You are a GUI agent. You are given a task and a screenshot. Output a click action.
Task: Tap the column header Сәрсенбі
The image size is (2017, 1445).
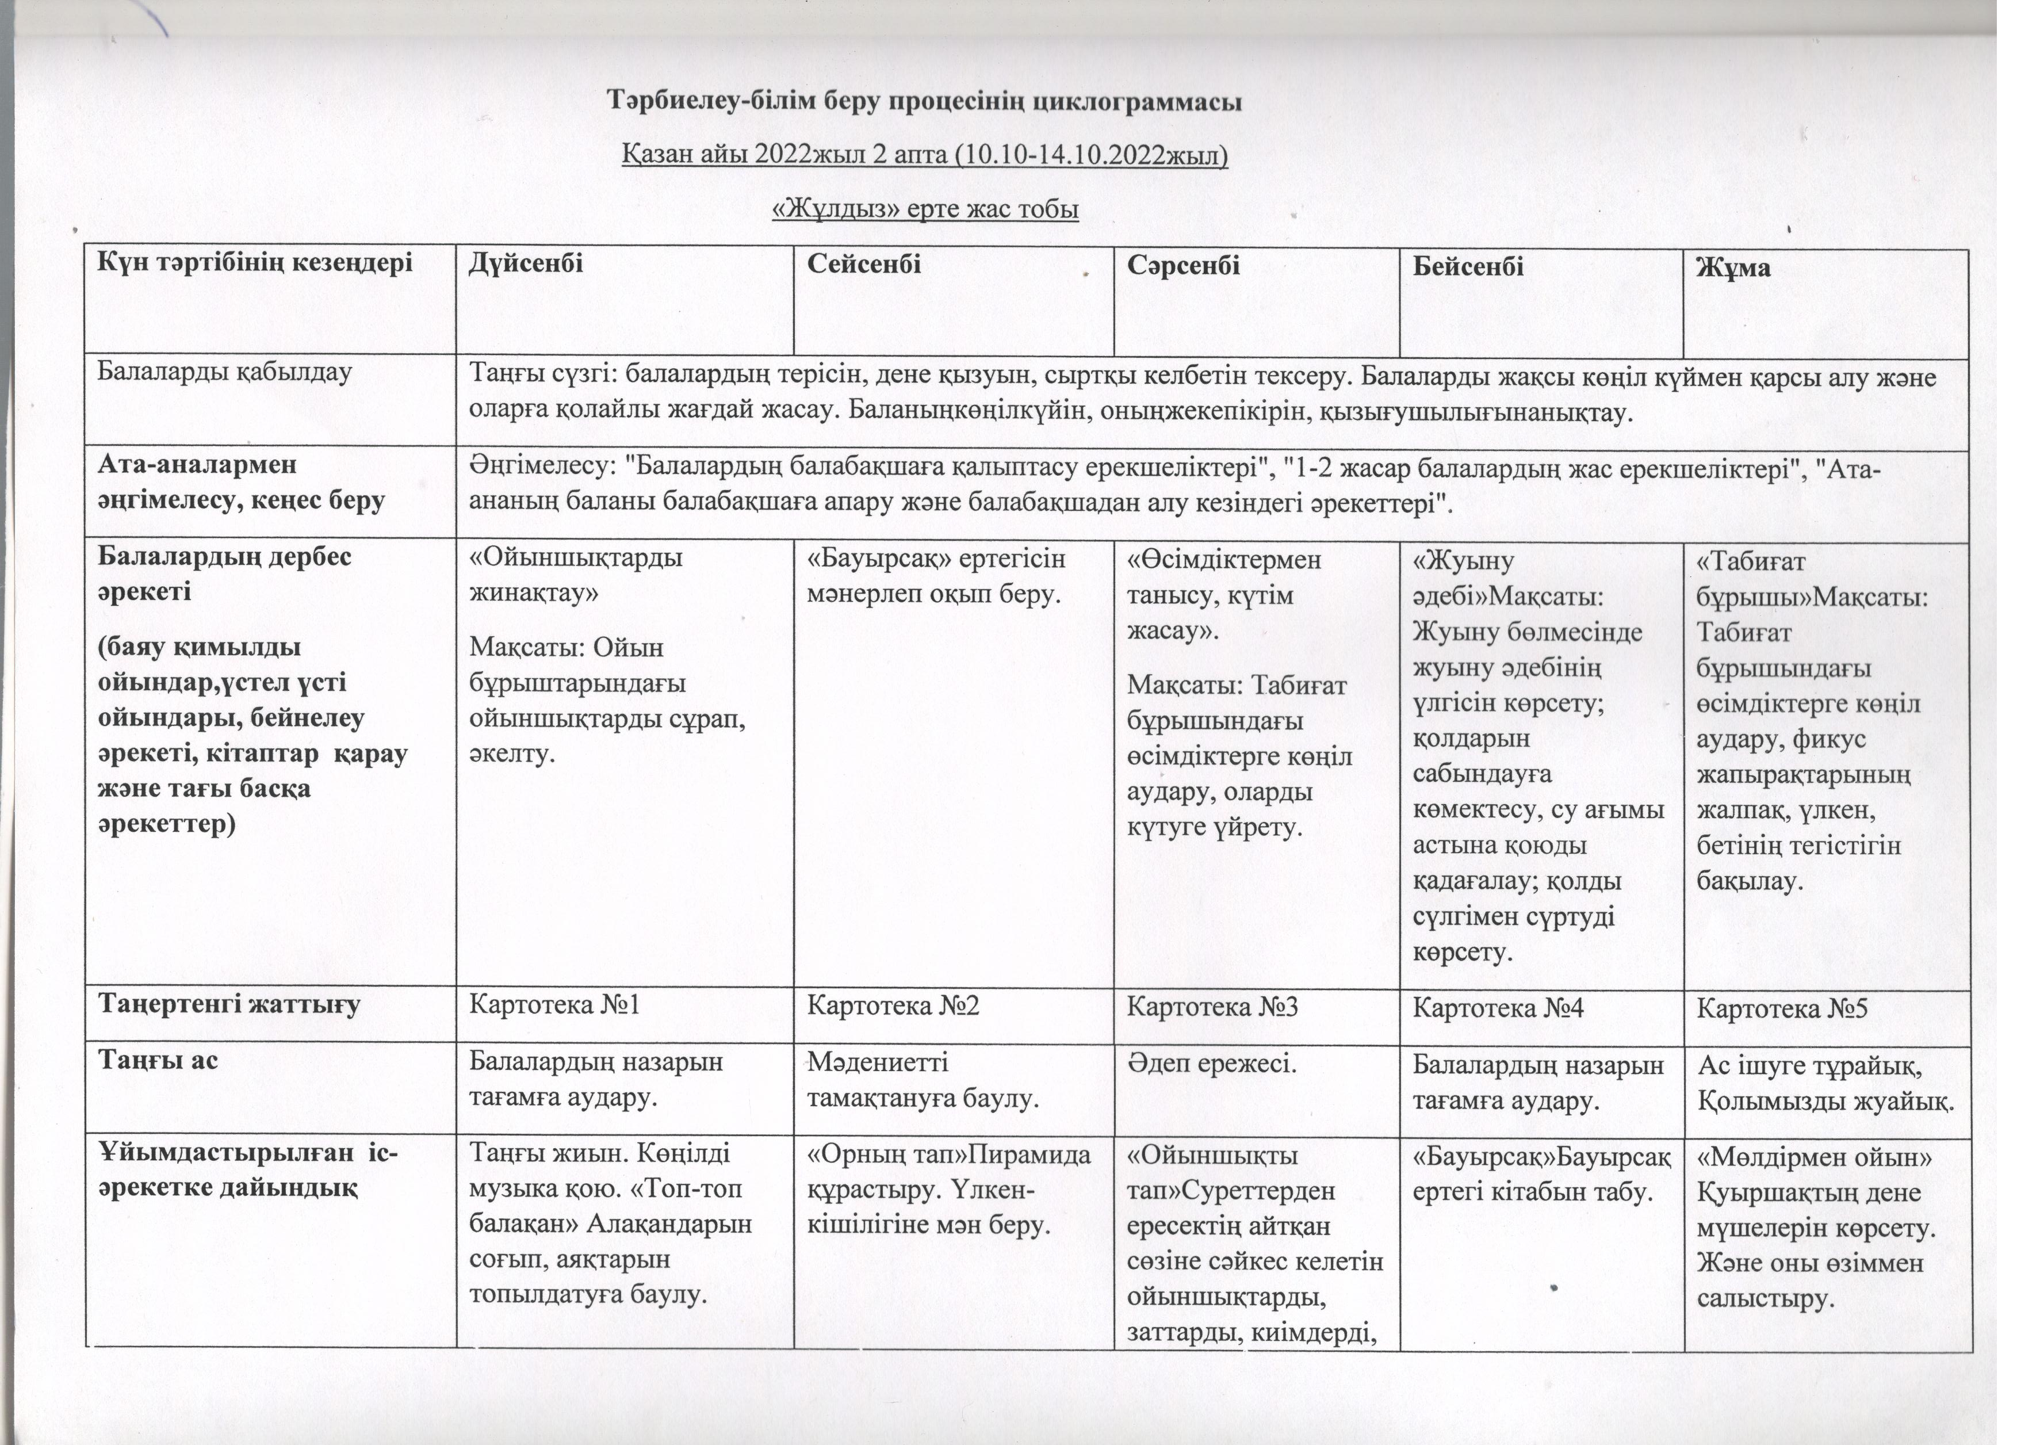(x=1184, y=265)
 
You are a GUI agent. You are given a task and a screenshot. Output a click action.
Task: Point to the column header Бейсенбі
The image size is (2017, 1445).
(x=1468, y=266)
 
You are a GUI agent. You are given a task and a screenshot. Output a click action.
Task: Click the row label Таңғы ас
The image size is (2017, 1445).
(x=158, y=1060)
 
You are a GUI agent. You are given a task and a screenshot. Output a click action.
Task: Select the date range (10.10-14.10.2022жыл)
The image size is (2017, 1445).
(x=1090, y=156)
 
